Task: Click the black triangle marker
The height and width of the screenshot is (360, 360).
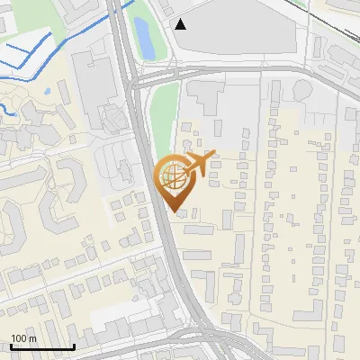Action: coord(181,24)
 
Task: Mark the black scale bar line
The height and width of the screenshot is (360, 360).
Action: coord(41,346)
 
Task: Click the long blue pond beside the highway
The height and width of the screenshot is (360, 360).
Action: coord(142,35)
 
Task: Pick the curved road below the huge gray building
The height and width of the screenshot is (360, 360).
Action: coord(234,67)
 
